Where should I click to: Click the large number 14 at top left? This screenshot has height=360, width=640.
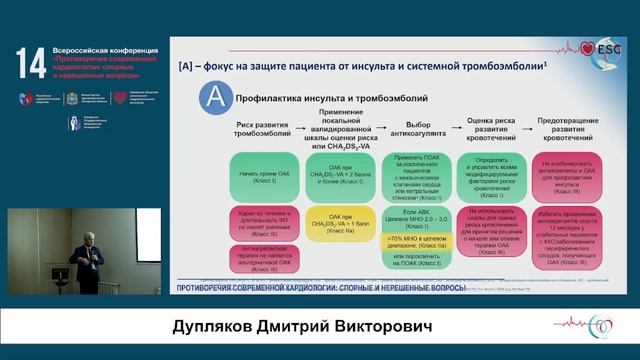coord(29,61)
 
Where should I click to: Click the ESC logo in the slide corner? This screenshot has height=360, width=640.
coord(607,47)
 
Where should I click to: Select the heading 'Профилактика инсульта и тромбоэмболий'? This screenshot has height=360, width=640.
coord(331,99)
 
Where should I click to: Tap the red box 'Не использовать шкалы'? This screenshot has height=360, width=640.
coord(491,231)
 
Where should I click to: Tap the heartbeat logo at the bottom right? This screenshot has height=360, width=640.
coord(597,325)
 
